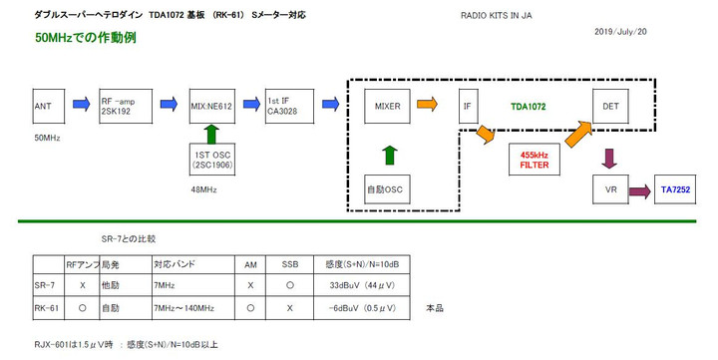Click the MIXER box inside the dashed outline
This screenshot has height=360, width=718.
pos(387,105)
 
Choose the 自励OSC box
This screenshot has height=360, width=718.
pos(387,186)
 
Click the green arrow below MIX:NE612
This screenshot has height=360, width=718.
pos(210,133)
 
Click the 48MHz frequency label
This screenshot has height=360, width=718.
pos(205,187)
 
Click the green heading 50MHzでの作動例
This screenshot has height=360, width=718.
pos(85,38)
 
